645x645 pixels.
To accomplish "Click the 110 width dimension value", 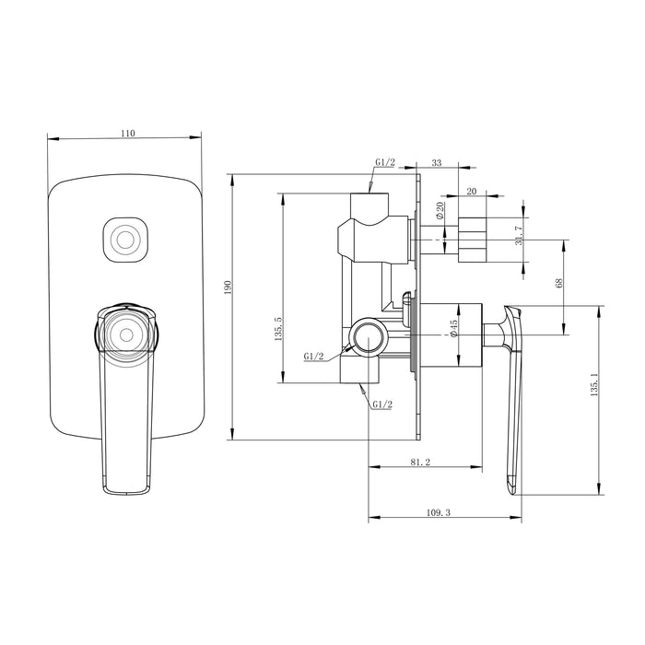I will tap(127, 134).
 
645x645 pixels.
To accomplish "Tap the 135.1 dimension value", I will tap(594, 385).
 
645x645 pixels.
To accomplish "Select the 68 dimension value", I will tap(558, 284).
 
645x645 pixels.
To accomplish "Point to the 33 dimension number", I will tap(436, 163).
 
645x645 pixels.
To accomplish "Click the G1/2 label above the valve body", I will tap(384, 163).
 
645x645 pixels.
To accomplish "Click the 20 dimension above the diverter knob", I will tap(472, 191).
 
